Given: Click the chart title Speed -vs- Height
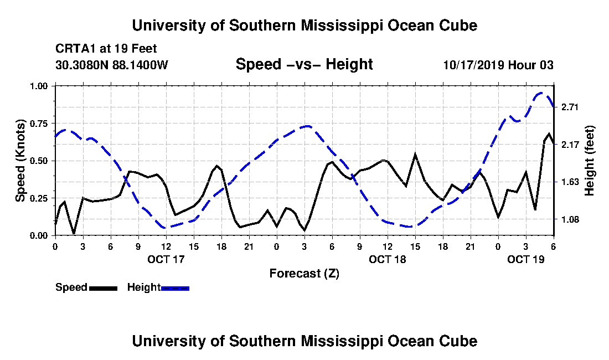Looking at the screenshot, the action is point(304,64).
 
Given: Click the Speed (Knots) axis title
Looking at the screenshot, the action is point(20,161).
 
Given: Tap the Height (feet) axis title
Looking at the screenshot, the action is point(589,161).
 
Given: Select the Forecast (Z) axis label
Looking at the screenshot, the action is point(304,274).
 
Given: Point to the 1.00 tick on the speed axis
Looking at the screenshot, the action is point(38,86).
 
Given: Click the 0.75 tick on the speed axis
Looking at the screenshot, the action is point(38,124).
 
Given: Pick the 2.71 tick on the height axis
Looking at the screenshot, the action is point(570,107).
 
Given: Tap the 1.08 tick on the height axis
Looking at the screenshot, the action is point(570,220).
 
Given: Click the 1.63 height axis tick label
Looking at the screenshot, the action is point(570,182).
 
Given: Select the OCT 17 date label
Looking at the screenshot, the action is point(166,259).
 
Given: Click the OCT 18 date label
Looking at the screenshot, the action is point(387,259).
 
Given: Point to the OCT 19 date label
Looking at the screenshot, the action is point(526,259).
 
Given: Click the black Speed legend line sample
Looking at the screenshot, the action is point(103,288).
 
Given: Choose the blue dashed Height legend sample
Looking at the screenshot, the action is point(175,288).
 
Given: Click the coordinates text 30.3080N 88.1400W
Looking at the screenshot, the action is point(112,64).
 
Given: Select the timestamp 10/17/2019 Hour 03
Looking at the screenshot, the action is point(498,64).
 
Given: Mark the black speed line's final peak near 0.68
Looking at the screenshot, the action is point(549,133).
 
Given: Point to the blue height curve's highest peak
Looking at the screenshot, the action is point(541,93).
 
